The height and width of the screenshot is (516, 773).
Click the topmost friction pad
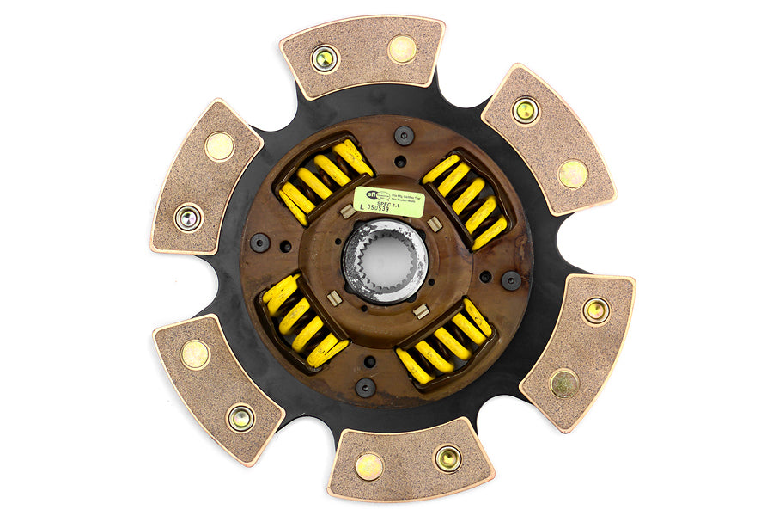[362, 54]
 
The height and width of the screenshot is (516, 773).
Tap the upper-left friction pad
[206, 177]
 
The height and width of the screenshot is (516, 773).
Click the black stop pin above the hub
[404, 135]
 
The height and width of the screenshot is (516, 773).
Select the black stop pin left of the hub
[259, 243]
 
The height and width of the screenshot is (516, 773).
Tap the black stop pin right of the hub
[511, 280]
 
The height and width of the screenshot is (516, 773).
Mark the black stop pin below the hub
[365, 387]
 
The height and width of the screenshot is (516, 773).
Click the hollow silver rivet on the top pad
[325, 58]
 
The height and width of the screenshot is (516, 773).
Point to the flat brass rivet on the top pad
[402, 49]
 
